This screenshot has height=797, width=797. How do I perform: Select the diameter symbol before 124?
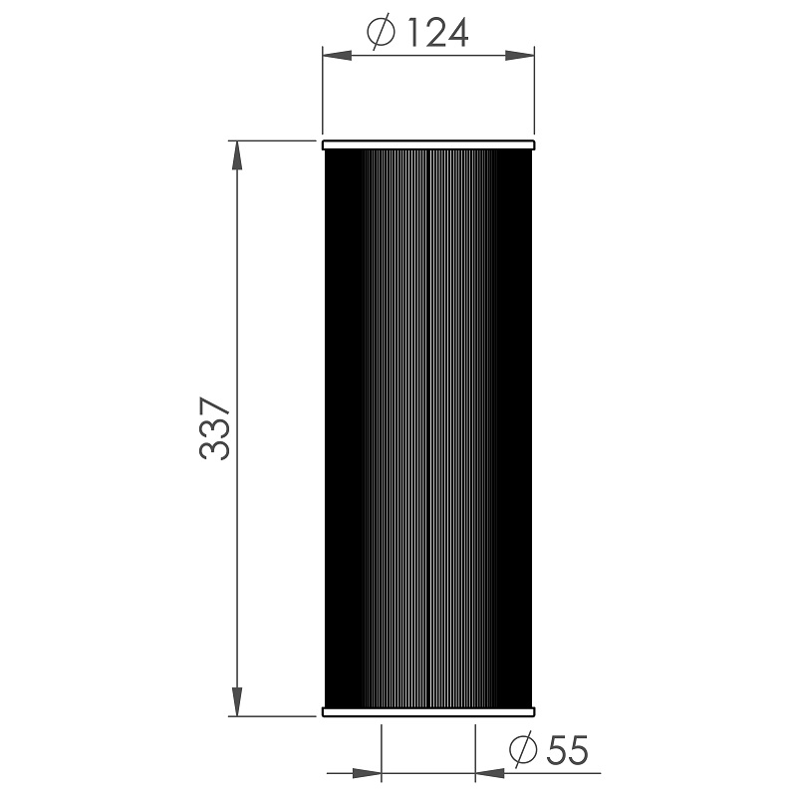pos(383,34)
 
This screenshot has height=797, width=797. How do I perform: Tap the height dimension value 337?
pos(215,428)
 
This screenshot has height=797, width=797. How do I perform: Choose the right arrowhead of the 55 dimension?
pos(488,771)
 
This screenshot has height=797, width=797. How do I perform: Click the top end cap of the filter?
pos(428,146)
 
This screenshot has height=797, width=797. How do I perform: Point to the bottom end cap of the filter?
pos(428,711)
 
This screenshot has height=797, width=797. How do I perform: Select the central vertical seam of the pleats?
pos(427,428)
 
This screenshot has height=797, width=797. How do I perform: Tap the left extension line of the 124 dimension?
pos(322,95)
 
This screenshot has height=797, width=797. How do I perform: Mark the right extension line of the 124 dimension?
pos(535,95)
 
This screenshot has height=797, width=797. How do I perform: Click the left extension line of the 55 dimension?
pos(382,752)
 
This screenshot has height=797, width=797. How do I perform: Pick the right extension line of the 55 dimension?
pos(475,752)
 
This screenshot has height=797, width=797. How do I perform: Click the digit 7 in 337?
pos(215,407)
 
